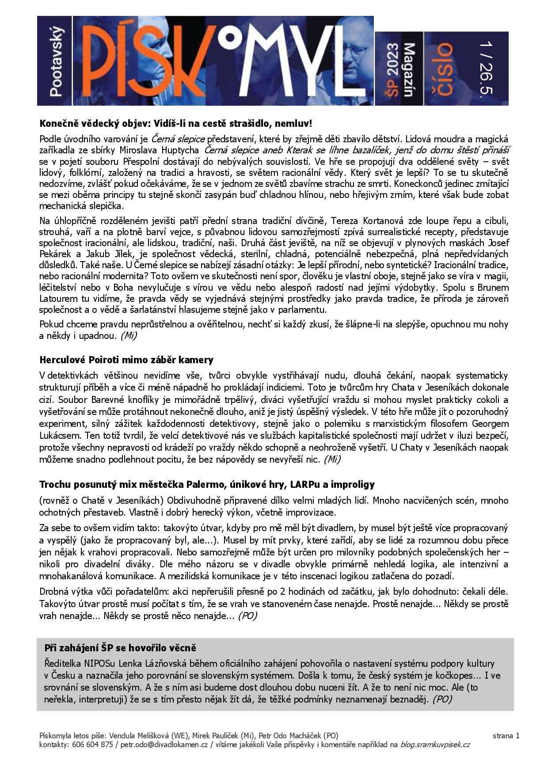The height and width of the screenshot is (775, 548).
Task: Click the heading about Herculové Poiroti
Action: (126, 360)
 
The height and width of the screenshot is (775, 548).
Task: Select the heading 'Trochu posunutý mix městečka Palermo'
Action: (207, 484)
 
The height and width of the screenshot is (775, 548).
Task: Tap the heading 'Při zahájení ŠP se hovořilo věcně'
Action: (120, 648)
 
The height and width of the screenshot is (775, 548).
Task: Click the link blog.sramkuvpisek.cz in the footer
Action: (435, 745)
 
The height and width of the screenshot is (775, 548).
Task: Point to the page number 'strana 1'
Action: (506, 736)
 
